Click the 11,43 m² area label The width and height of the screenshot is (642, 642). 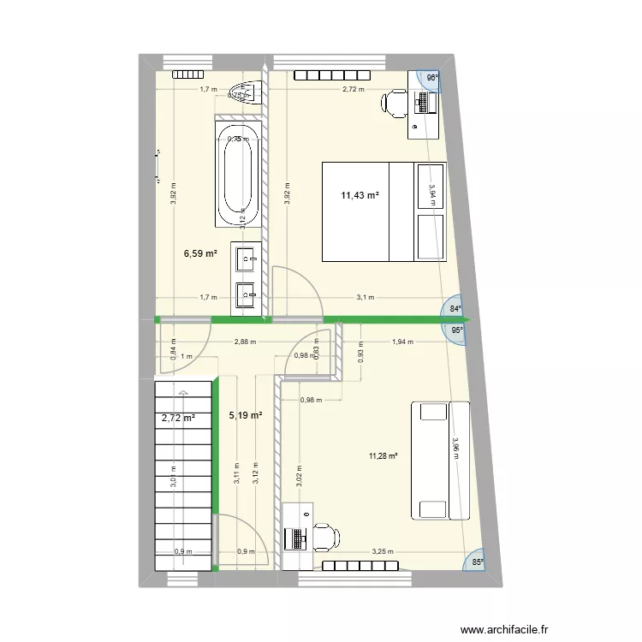click(360, 196)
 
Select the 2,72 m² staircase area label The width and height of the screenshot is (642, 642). click(179, 419)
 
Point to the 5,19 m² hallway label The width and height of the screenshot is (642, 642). click(246, 416)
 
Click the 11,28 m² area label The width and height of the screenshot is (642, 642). click(383, 456)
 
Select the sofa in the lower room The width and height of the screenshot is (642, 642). click(440, 460)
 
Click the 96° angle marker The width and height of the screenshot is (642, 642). click(432, 78)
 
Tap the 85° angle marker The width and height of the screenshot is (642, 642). click(478, 562)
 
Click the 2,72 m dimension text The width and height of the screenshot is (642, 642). click(353, 89)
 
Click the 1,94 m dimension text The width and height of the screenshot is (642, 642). click(402, 342)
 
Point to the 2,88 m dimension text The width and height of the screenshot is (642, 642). click(245, 342)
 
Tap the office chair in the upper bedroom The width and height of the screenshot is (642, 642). click(395, 104)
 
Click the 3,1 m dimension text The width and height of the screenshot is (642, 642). click(364, 298)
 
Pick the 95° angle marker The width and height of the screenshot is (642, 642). click(458, 330)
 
